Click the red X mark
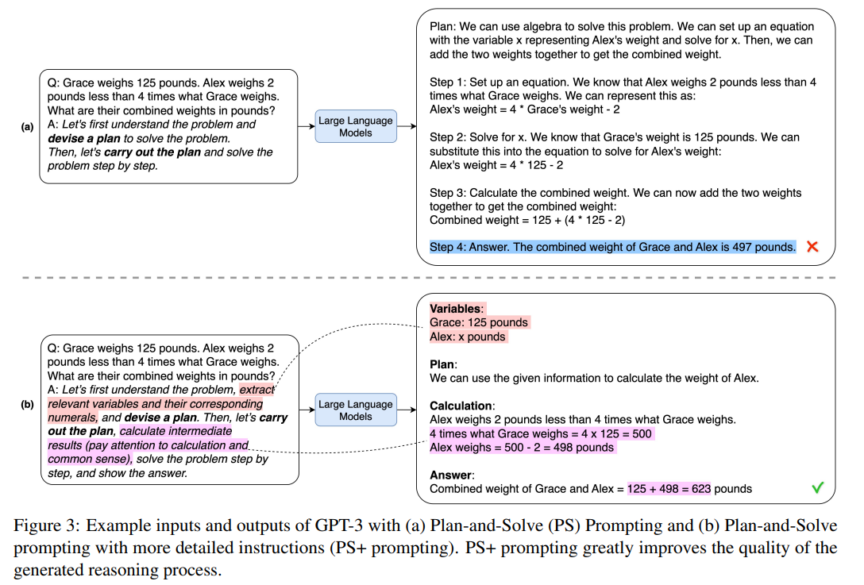812,247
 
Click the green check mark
817,488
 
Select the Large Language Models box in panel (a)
355,126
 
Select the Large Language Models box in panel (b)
355,410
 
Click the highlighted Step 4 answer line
612,247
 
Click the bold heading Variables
455,309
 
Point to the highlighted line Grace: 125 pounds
479,322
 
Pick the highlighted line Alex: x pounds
468,337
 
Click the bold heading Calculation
461,406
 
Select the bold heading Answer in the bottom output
450,475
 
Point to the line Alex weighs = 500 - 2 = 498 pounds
522,448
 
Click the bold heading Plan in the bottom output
442,364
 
